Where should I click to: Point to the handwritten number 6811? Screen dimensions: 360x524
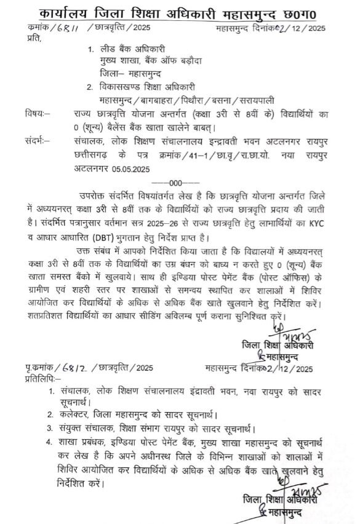point(69,28)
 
